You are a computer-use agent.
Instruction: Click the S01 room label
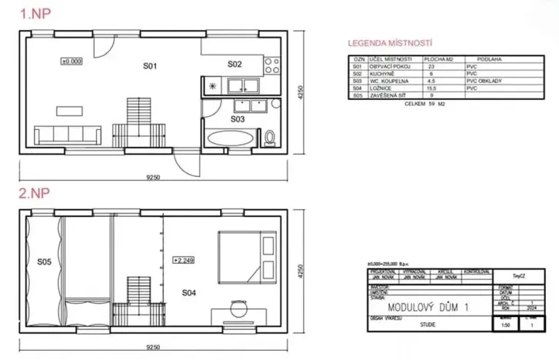[150, 67]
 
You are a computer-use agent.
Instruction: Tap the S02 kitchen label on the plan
[235, 64]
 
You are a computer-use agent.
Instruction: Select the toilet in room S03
[268, 138]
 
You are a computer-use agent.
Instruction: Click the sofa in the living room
[68, 135]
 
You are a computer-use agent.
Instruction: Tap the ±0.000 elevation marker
[72, 59]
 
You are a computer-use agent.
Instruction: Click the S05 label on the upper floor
[44, 262]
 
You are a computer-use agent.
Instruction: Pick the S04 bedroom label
[189, 292]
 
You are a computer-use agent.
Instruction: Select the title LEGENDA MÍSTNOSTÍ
[390, 45]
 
